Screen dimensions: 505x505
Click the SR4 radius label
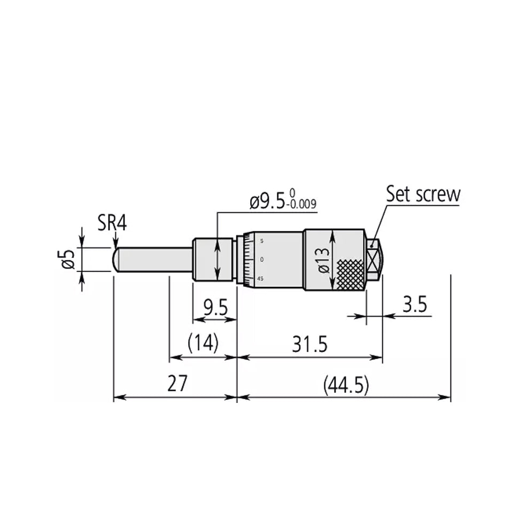pyautogui.click(x=112, y=222)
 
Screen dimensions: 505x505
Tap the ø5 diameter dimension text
pyautogui.click(x=68, y=259)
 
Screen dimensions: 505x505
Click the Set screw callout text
pyautogui.click(x=423, y=193)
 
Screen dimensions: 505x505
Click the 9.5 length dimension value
pyautogui.click(x=215, y=307)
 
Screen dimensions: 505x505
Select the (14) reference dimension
pyautogui.click(x=203, y=343)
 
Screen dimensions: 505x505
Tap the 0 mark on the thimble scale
pyautogui.click(x=261, y=260)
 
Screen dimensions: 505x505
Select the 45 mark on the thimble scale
pyautogui.click(x=260, y=278)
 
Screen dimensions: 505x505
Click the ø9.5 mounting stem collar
pyautogui.click(x=213, y=260)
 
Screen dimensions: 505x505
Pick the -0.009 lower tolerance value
pyautogui.click(x=302, y=204)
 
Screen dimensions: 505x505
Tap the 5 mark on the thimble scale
pyautogui.click(x=261, y=241)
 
